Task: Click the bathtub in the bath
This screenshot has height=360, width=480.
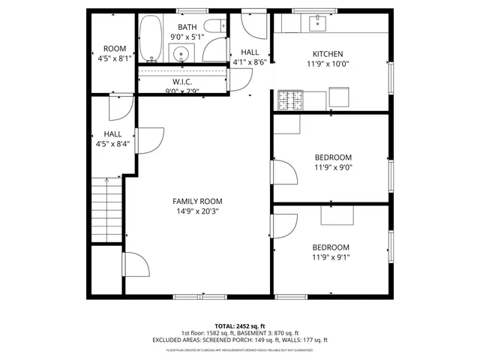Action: pos(149,39)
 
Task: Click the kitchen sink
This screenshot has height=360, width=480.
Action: pos(316,23)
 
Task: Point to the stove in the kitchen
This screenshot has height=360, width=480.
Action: pos(289,98)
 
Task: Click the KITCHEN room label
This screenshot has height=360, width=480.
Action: pos(328,54)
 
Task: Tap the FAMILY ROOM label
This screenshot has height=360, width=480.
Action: pos(197,201)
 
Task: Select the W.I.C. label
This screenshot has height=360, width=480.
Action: pos(183,82)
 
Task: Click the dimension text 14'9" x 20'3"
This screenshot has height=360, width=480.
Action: pos(197,211)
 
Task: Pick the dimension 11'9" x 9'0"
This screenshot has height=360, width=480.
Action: pos(332,167)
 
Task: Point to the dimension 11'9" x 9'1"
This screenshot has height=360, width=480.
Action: pos(331,257)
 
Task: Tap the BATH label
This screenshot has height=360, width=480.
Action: pos(187,26)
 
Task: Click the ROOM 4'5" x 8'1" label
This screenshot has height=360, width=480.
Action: pos(115,49)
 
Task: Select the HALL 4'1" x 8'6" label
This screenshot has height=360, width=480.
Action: pos(250,52)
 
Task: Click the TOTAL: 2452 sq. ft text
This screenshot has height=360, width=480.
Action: pos(240,327)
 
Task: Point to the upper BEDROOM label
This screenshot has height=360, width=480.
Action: pos(332,157)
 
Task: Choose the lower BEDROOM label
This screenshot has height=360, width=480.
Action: pos(331,247)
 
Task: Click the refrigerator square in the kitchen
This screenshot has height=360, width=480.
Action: pos(339,97)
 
